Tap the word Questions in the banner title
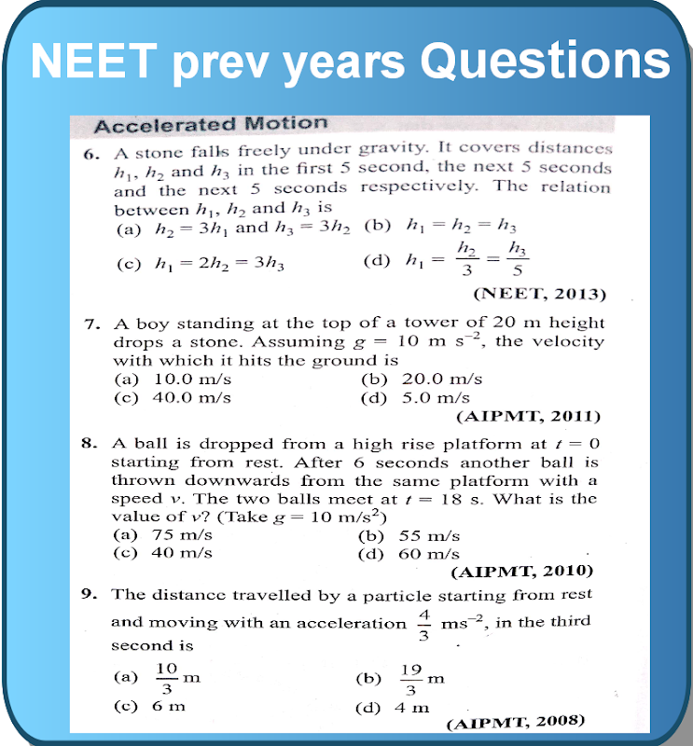tap(545, 62)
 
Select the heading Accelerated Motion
tap(212, 124)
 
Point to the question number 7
tap(91, 325)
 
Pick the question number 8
tap(90, 445)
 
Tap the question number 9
tap(90, 594)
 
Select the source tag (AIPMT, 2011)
tap(529, 416)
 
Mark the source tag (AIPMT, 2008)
tap(516, 721)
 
